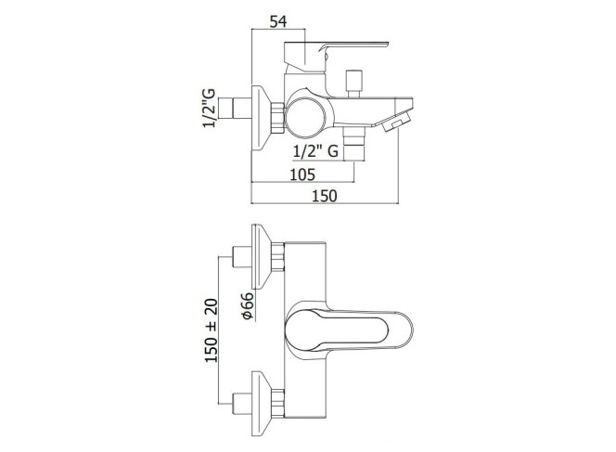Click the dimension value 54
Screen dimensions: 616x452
click(x=278, y=21)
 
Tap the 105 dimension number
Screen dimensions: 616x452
click(x=302, y=174)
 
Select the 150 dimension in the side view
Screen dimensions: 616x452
click(x=325, y=196)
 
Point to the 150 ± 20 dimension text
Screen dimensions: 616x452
click(x=211, y=330)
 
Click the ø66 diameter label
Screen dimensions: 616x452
click(x=248, y=305)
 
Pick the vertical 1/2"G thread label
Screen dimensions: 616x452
click(x=209, y=108)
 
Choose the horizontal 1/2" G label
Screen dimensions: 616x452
click(x=315, y=151)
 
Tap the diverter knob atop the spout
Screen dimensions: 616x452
click(x=353, y=84)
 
